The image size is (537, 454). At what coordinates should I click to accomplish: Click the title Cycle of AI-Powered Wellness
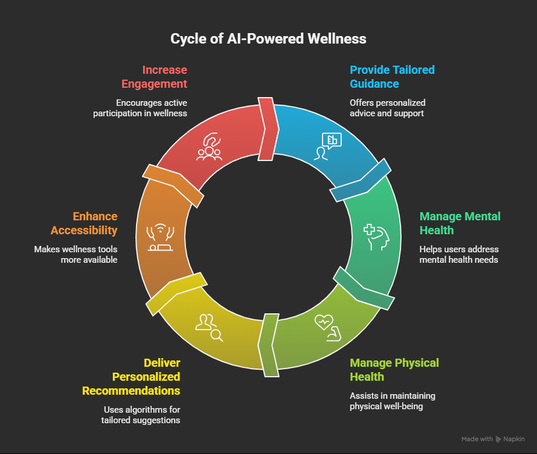pyautogui.click(x=268, y=39)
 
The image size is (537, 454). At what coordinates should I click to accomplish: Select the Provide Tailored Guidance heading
pyautogui.click(x=392, y=77)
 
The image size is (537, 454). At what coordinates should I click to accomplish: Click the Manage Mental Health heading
pyautogui.click(x=460, y=223)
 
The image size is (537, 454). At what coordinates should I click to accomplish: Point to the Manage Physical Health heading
pyautogui.click(x=394, y=370)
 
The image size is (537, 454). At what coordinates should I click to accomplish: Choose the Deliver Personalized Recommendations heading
pyautogui.click(x=131, y=377)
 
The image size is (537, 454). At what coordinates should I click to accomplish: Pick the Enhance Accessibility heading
pyautogui.click(x=84, y=223)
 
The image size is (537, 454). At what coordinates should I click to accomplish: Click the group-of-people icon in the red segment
pyautogui.click(x=209, y=147)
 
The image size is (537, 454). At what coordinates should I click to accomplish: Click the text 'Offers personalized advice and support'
pyautogui.click(x=387, y=108)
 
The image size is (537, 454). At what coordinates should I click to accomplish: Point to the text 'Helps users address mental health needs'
pyautogui.click(x=459, y=254)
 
